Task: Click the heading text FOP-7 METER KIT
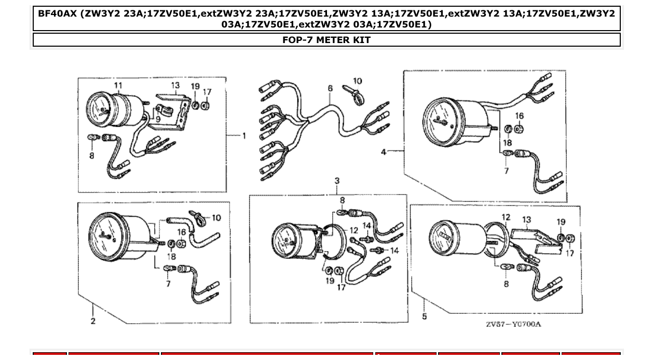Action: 326,40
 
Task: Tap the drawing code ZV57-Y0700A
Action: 513,324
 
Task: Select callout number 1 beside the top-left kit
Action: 244,136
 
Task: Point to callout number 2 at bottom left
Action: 93,321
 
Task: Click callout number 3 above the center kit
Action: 337,181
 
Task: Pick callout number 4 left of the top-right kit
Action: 384,152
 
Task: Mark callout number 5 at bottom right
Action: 424,316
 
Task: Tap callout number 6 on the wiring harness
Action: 330,89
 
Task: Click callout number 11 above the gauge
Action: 118,86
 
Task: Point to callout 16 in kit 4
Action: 520,116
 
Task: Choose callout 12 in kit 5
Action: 506,217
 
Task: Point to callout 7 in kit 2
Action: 168,284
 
